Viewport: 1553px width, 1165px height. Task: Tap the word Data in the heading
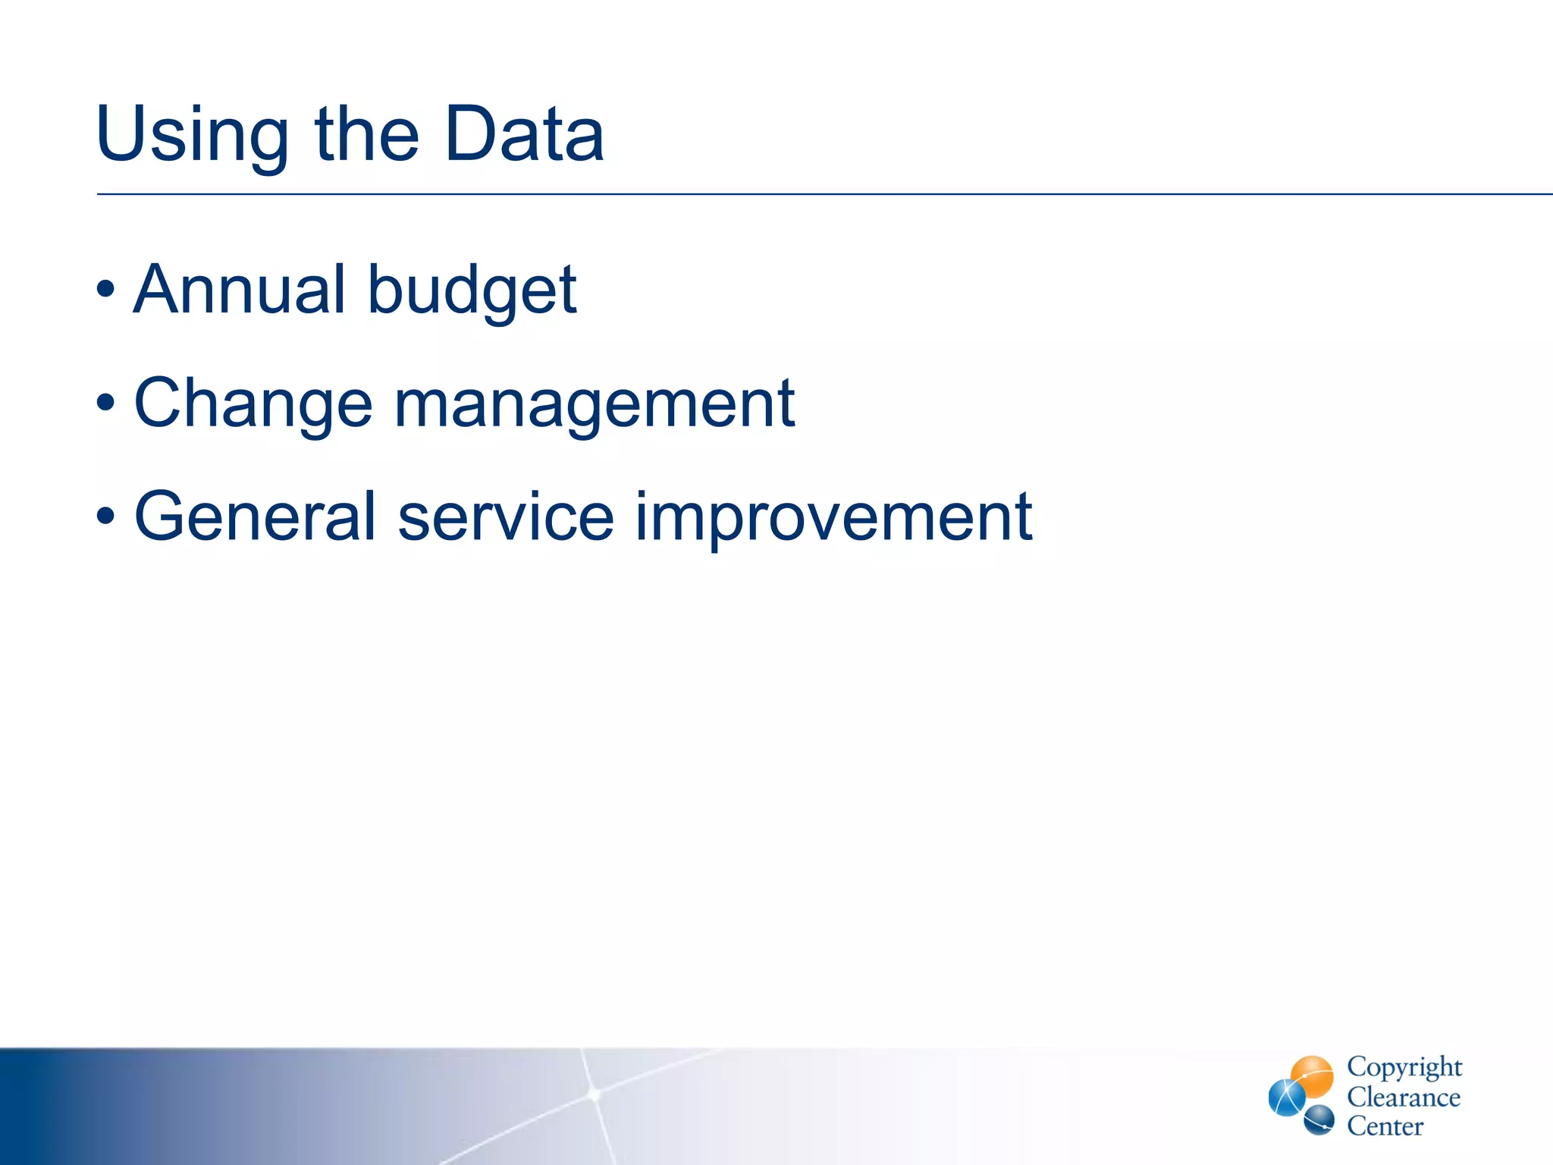pos(524,134)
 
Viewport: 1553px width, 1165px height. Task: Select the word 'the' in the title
pos(366,134)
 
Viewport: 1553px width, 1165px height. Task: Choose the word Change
pos(253,404)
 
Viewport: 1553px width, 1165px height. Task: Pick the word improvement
pos(833,518)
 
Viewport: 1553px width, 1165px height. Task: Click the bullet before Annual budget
pos(106,290)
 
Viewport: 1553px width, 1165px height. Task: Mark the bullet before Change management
pos(106,404)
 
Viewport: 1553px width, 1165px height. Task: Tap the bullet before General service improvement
pos(106,517)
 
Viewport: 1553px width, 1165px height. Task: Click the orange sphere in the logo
pos(1313,1076)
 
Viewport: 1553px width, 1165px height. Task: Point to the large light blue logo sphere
pos(1287,1098)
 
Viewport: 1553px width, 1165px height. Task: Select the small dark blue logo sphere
pos(1319,1119)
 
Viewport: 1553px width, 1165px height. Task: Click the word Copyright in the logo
pos(1404,1068)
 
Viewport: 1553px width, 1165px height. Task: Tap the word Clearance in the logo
pos(1403,1097)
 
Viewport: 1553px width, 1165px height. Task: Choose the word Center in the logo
pos(1385,1126)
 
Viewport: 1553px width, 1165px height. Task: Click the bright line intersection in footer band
pos(595,1094)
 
